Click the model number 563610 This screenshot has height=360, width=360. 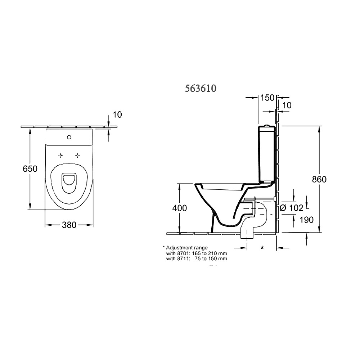point(201,88)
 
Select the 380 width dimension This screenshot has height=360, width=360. point(69,225)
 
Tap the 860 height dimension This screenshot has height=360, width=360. point(319,179)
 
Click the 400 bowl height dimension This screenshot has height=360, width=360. point(180,208)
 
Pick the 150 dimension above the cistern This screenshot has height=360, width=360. point(267,98)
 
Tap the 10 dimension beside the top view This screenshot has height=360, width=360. point(117,114)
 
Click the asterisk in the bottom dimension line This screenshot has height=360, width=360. point(262,248)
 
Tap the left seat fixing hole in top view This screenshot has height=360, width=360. point(60,155)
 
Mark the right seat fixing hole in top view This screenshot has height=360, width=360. point(77,155)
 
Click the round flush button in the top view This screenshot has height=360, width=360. point(69,137)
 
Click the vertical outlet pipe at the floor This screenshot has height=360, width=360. point(247,232)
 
